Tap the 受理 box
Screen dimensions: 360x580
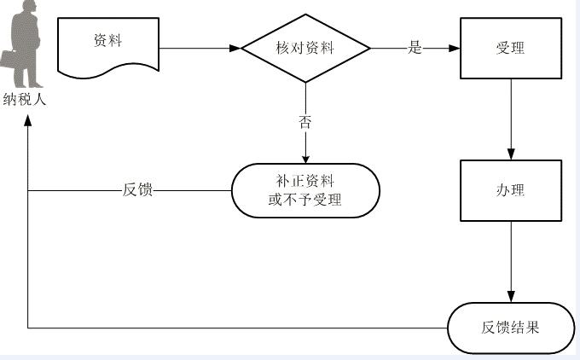click(510, 49)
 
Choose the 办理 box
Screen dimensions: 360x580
click(510, 190)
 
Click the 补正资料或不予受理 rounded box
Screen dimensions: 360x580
click(304, 190)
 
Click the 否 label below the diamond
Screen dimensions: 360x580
click(305, 121)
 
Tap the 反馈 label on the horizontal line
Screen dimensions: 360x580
click(138, 190)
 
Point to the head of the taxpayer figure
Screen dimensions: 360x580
click(26, 8)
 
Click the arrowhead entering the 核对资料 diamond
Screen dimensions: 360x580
click(237, 49)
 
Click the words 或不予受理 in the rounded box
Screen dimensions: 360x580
click(304, 200)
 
